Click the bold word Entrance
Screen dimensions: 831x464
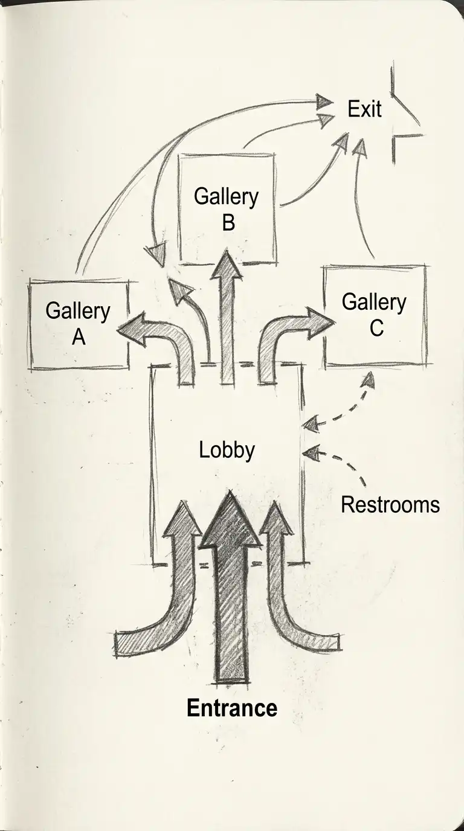(x=232, y=707)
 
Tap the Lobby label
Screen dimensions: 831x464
(x=227, y=451)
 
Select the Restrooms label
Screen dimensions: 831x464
(x=390, y=504)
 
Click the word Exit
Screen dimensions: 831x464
(x=365, y=109)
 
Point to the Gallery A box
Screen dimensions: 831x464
(x=79, y=324)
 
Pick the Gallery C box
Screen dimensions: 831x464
(x=375, y=315)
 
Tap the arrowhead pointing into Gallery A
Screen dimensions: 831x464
(x=132, y=329)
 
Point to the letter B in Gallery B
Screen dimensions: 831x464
(x=228, y=222)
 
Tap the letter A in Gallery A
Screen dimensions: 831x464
(x=79, y=337)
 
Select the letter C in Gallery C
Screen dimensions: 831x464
(x=376, y=328)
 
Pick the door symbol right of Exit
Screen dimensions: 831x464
(x=404, y=115)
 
